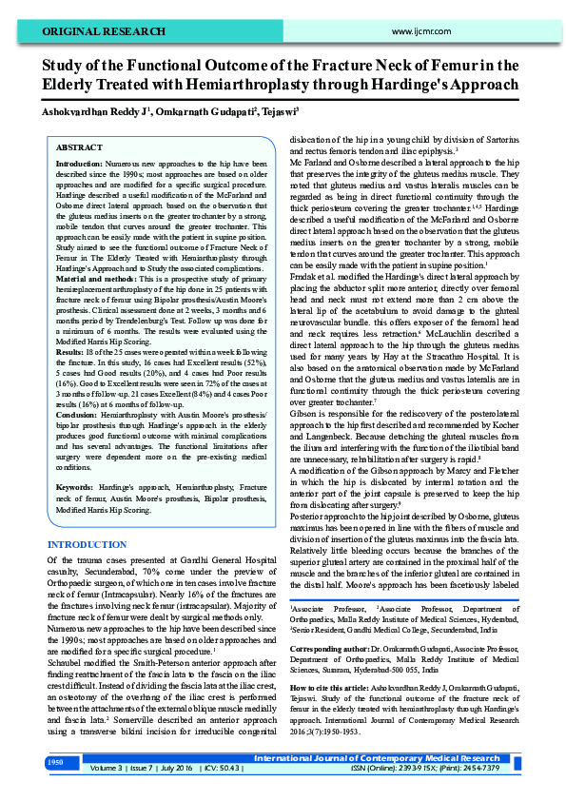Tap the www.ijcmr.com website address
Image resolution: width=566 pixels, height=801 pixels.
(x=419, y=31)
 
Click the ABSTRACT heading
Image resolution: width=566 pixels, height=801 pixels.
(x=80, y=148)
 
